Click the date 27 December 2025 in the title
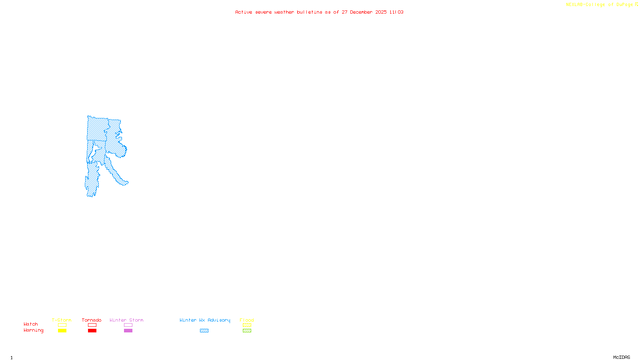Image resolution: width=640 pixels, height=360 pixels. pos(364,12)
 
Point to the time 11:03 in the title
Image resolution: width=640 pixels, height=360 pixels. pos(396,12)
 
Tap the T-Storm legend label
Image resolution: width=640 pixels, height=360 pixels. pos(62,320)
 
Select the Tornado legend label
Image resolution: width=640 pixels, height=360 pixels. pos(92,320)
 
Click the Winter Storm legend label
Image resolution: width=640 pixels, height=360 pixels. pos(126,320)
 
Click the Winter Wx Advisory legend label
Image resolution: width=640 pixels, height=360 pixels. pos(205,320)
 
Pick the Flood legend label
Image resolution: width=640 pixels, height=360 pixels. pos(247,320)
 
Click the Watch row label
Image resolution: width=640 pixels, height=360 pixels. pos(31,324)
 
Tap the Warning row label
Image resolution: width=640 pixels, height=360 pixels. pos(33,330)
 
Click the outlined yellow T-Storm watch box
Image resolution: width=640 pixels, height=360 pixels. pos(62,325)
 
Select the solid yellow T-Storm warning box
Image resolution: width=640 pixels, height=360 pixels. pos(62,331)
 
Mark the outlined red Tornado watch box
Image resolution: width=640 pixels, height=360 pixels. pos(92,325)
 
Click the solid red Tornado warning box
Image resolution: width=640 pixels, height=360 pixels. pos(92,331)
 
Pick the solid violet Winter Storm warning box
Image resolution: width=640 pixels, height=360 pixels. pos(128,331)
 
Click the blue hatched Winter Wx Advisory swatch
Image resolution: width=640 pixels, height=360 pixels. pos(204,331)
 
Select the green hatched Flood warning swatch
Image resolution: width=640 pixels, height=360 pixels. pos(247,331)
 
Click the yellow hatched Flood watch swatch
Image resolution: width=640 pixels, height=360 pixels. pos(247,325)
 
